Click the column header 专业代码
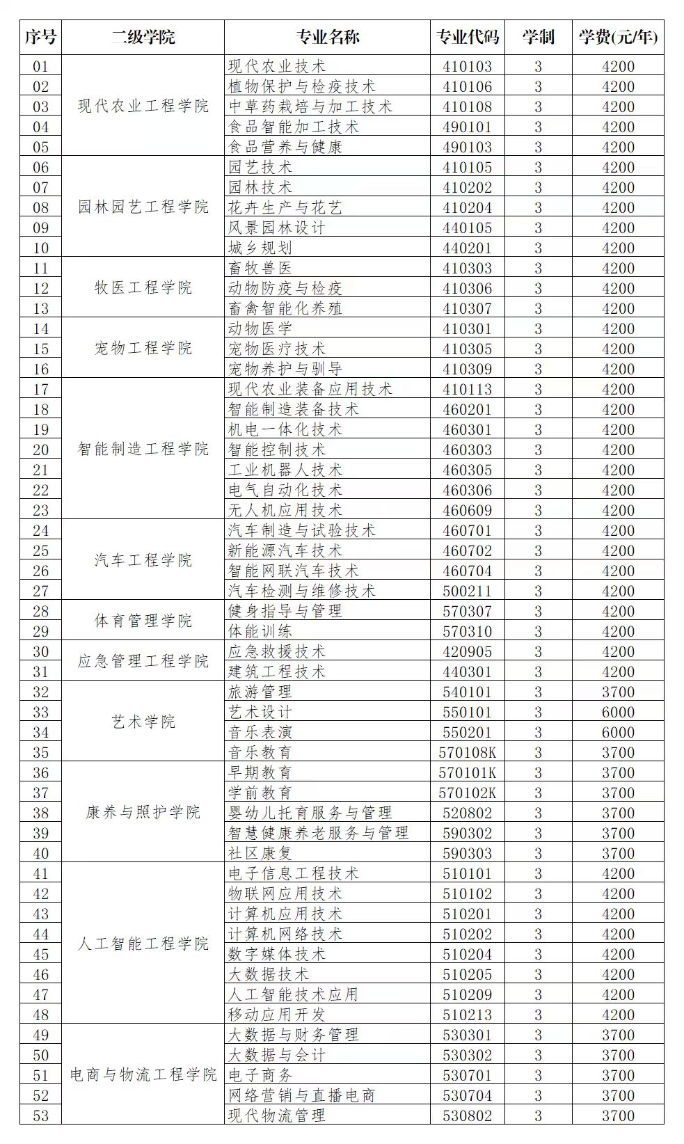click(x=467, y=37)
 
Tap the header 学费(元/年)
click(x=617, y=37)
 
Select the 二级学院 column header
click(x=143, y=37)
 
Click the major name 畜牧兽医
click(x=260, y=268)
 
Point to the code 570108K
click(x=467, y=752)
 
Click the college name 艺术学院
click(x=143, y=722)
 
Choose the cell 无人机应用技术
click(x=285, y=510)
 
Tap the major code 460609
click(x=467, y=510)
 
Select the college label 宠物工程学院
click(x=143, y=349)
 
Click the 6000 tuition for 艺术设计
click(x=618, y=712)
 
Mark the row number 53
click(x=41, y=1115)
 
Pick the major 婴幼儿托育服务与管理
click(x=310, y=813)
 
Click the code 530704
click(x=467, y=1095)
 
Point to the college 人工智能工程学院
click(x=143, y=944)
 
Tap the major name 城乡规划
click(x=260, y=248)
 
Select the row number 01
click(x=41, y=66)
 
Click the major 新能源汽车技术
click(x=285, y=550)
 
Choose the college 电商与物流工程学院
click(x=143, y=1075)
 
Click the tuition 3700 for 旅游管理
click(x=618, y=692)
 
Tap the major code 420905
click(x=467, y=651)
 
